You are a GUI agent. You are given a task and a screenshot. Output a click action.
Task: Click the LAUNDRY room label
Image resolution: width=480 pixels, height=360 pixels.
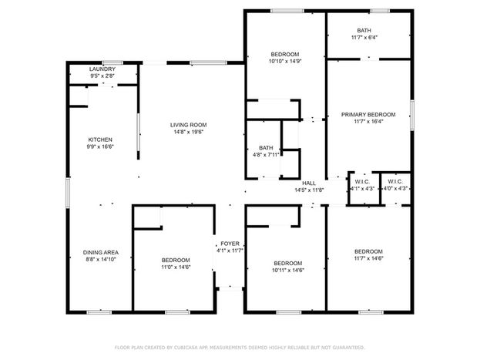point(102,69)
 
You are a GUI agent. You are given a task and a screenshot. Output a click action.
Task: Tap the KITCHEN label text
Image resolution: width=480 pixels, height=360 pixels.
point(100,140)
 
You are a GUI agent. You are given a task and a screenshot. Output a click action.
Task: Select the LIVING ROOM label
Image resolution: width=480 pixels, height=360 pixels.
point(188,125)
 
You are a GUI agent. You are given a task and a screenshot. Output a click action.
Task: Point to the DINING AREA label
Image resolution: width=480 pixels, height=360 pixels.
point(101,252)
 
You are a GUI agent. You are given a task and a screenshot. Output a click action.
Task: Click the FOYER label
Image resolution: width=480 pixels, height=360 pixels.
point(230,244)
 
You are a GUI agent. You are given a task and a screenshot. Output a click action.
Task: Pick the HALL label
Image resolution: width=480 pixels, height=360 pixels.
point(309,183)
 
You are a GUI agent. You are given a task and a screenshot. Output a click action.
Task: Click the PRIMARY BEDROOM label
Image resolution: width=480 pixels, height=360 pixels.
point(368,115)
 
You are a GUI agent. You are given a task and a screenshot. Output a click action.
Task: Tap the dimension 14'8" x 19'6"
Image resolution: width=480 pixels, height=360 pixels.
point(188,132)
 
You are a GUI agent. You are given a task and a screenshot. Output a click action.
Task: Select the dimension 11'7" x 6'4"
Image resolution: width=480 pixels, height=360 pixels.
point(364,37)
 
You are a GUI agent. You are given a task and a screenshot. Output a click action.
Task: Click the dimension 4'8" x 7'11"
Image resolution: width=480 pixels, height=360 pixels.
point(266,155)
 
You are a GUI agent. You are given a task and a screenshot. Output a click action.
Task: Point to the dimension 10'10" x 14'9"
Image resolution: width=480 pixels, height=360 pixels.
point(285,61)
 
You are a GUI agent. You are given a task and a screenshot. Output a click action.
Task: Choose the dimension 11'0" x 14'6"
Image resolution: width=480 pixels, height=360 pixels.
point(176,267)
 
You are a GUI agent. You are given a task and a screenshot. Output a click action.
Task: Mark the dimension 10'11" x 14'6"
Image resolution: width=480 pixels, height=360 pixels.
point(288,271)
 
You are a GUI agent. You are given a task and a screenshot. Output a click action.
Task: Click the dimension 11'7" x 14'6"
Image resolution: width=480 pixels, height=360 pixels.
point(368,258)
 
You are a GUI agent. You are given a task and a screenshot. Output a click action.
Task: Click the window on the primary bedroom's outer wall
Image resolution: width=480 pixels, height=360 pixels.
point(412,115)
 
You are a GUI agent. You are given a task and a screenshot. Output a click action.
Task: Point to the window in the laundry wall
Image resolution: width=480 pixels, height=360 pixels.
point(112,62)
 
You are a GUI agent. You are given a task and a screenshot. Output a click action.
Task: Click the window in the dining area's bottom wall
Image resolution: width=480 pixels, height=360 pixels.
point(99,312)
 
